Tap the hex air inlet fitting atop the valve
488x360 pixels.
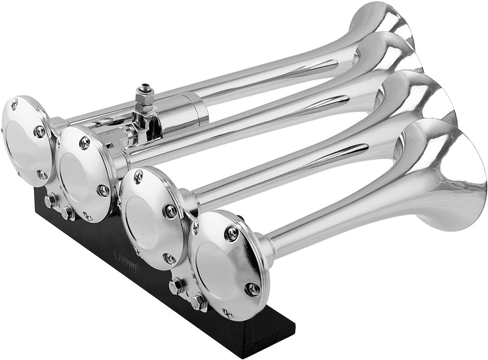click(x=144, y=95)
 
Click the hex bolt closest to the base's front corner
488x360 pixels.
click(x=199, y=301)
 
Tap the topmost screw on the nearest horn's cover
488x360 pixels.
click(x=232, y=233)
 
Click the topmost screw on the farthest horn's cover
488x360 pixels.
click(x=14, y=104)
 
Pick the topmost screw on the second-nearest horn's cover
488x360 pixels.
click(x=139, y=176)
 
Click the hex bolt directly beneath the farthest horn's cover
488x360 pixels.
click(x=50, y=200)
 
